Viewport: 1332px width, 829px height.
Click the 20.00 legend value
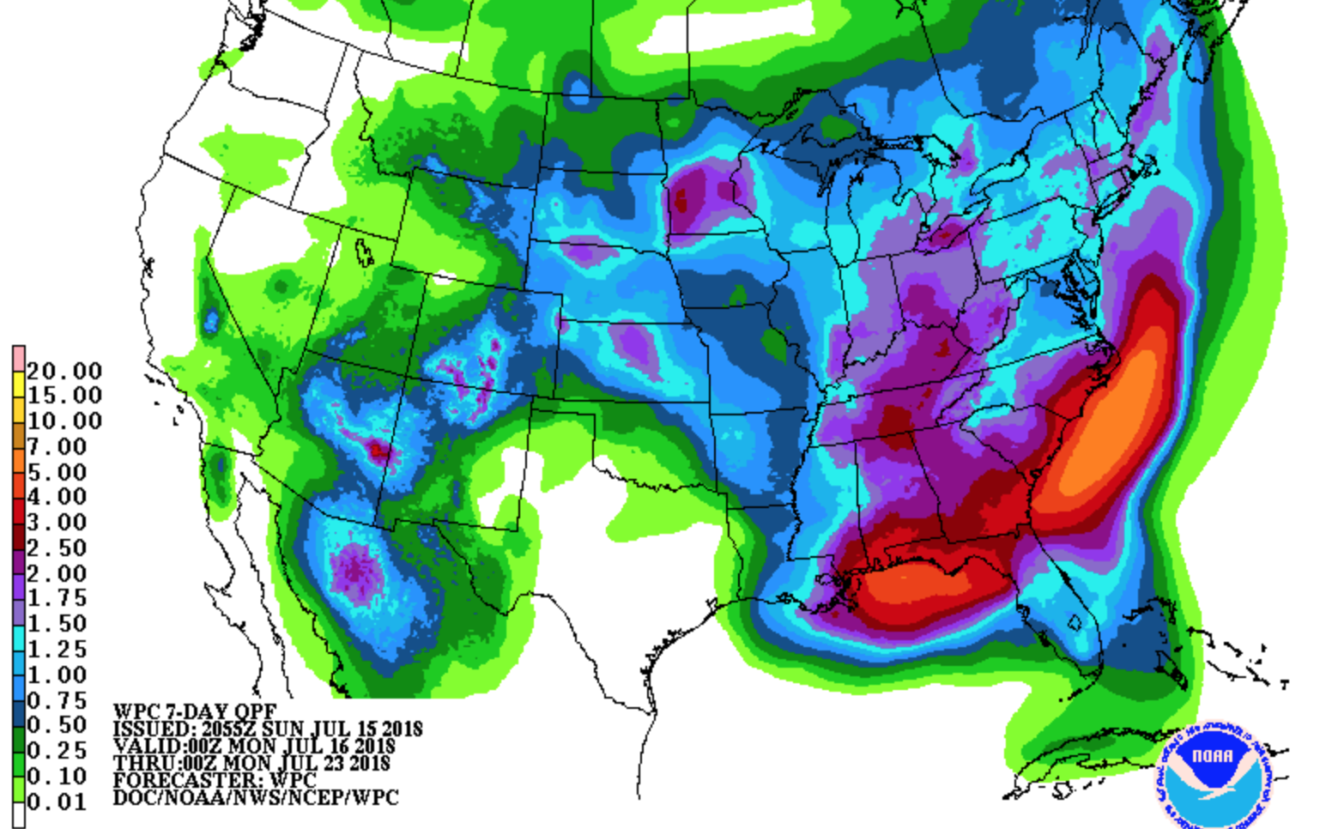64,372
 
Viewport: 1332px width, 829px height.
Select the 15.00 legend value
64,396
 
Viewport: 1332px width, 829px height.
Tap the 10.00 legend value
64,421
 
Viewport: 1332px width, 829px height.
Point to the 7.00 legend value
57,447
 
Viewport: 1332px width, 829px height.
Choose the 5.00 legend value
57,473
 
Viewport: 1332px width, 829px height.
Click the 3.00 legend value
57,523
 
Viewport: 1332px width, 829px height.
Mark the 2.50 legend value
57,548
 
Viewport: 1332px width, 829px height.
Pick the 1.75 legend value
57,598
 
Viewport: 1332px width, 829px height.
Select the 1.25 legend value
57,650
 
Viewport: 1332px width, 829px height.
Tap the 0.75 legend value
57,701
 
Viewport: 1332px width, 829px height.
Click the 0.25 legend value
57,751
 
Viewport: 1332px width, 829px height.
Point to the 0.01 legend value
57,802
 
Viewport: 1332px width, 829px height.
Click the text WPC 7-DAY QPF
195,711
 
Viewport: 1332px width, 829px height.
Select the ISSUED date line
268,729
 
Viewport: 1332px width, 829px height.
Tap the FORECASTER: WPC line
215,780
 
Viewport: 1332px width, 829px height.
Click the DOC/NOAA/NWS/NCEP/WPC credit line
256,798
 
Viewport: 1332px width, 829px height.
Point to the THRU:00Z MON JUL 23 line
251,763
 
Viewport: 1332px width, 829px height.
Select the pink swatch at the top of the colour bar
18,357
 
